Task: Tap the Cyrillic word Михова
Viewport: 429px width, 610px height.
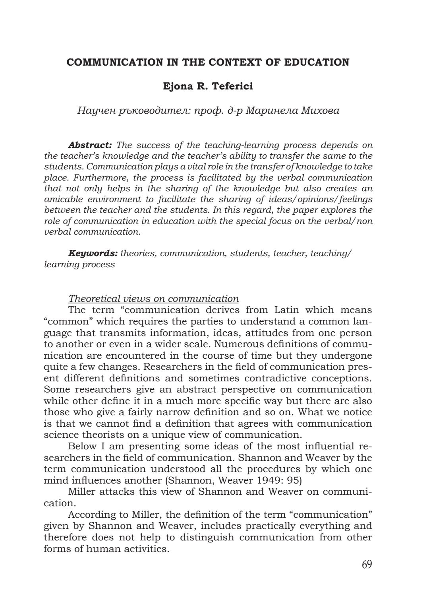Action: coord(321,111)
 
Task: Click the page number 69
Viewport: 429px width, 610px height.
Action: coord(367,565)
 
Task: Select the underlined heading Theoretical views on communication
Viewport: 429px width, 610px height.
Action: coord(153,299)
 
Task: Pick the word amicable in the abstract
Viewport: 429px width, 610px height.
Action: coord(63,199)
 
